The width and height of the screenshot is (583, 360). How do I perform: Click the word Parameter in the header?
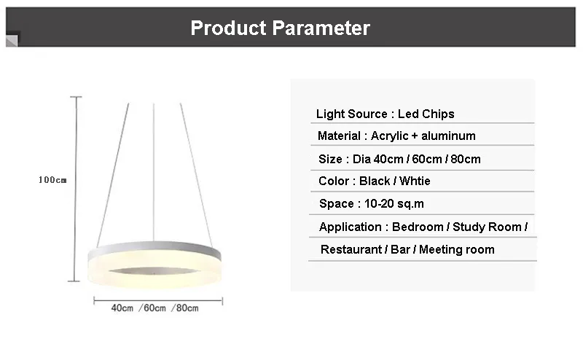(x=321, y=28)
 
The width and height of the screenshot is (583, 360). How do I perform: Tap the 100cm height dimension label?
(x=52, y=180)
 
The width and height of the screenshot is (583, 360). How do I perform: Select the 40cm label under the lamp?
(x=122, y=308)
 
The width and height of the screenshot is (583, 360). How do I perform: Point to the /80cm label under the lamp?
(x=185, y=308)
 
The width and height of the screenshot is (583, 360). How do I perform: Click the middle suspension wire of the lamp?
(x=154, y=172)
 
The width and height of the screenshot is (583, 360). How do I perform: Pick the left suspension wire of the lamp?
(x=113, y=175)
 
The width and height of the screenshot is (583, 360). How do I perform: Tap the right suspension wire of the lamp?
(x=196, y=175)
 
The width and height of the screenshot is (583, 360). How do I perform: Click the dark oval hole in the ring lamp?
(x=154, y=271)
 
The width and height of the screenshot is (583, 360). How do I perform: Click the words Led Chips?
(x=426, y=114)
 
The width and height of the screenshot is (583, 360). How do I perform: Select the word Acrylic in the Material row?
(x=389, y=136)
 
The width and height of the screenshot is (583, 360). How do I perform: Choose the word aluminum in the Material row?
(x=448, y=136)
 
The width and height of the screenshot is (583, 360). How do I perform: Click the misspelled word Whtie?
(x=415, y=181)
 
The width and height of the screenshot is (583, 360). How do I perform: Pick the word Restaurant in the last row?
(x=351, y=249)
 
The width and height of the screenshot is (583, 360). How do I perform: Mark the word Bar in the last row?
(x=400, y=249)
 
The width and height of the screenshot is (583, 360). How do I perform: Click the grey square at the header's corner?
(x=12, y=41)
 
